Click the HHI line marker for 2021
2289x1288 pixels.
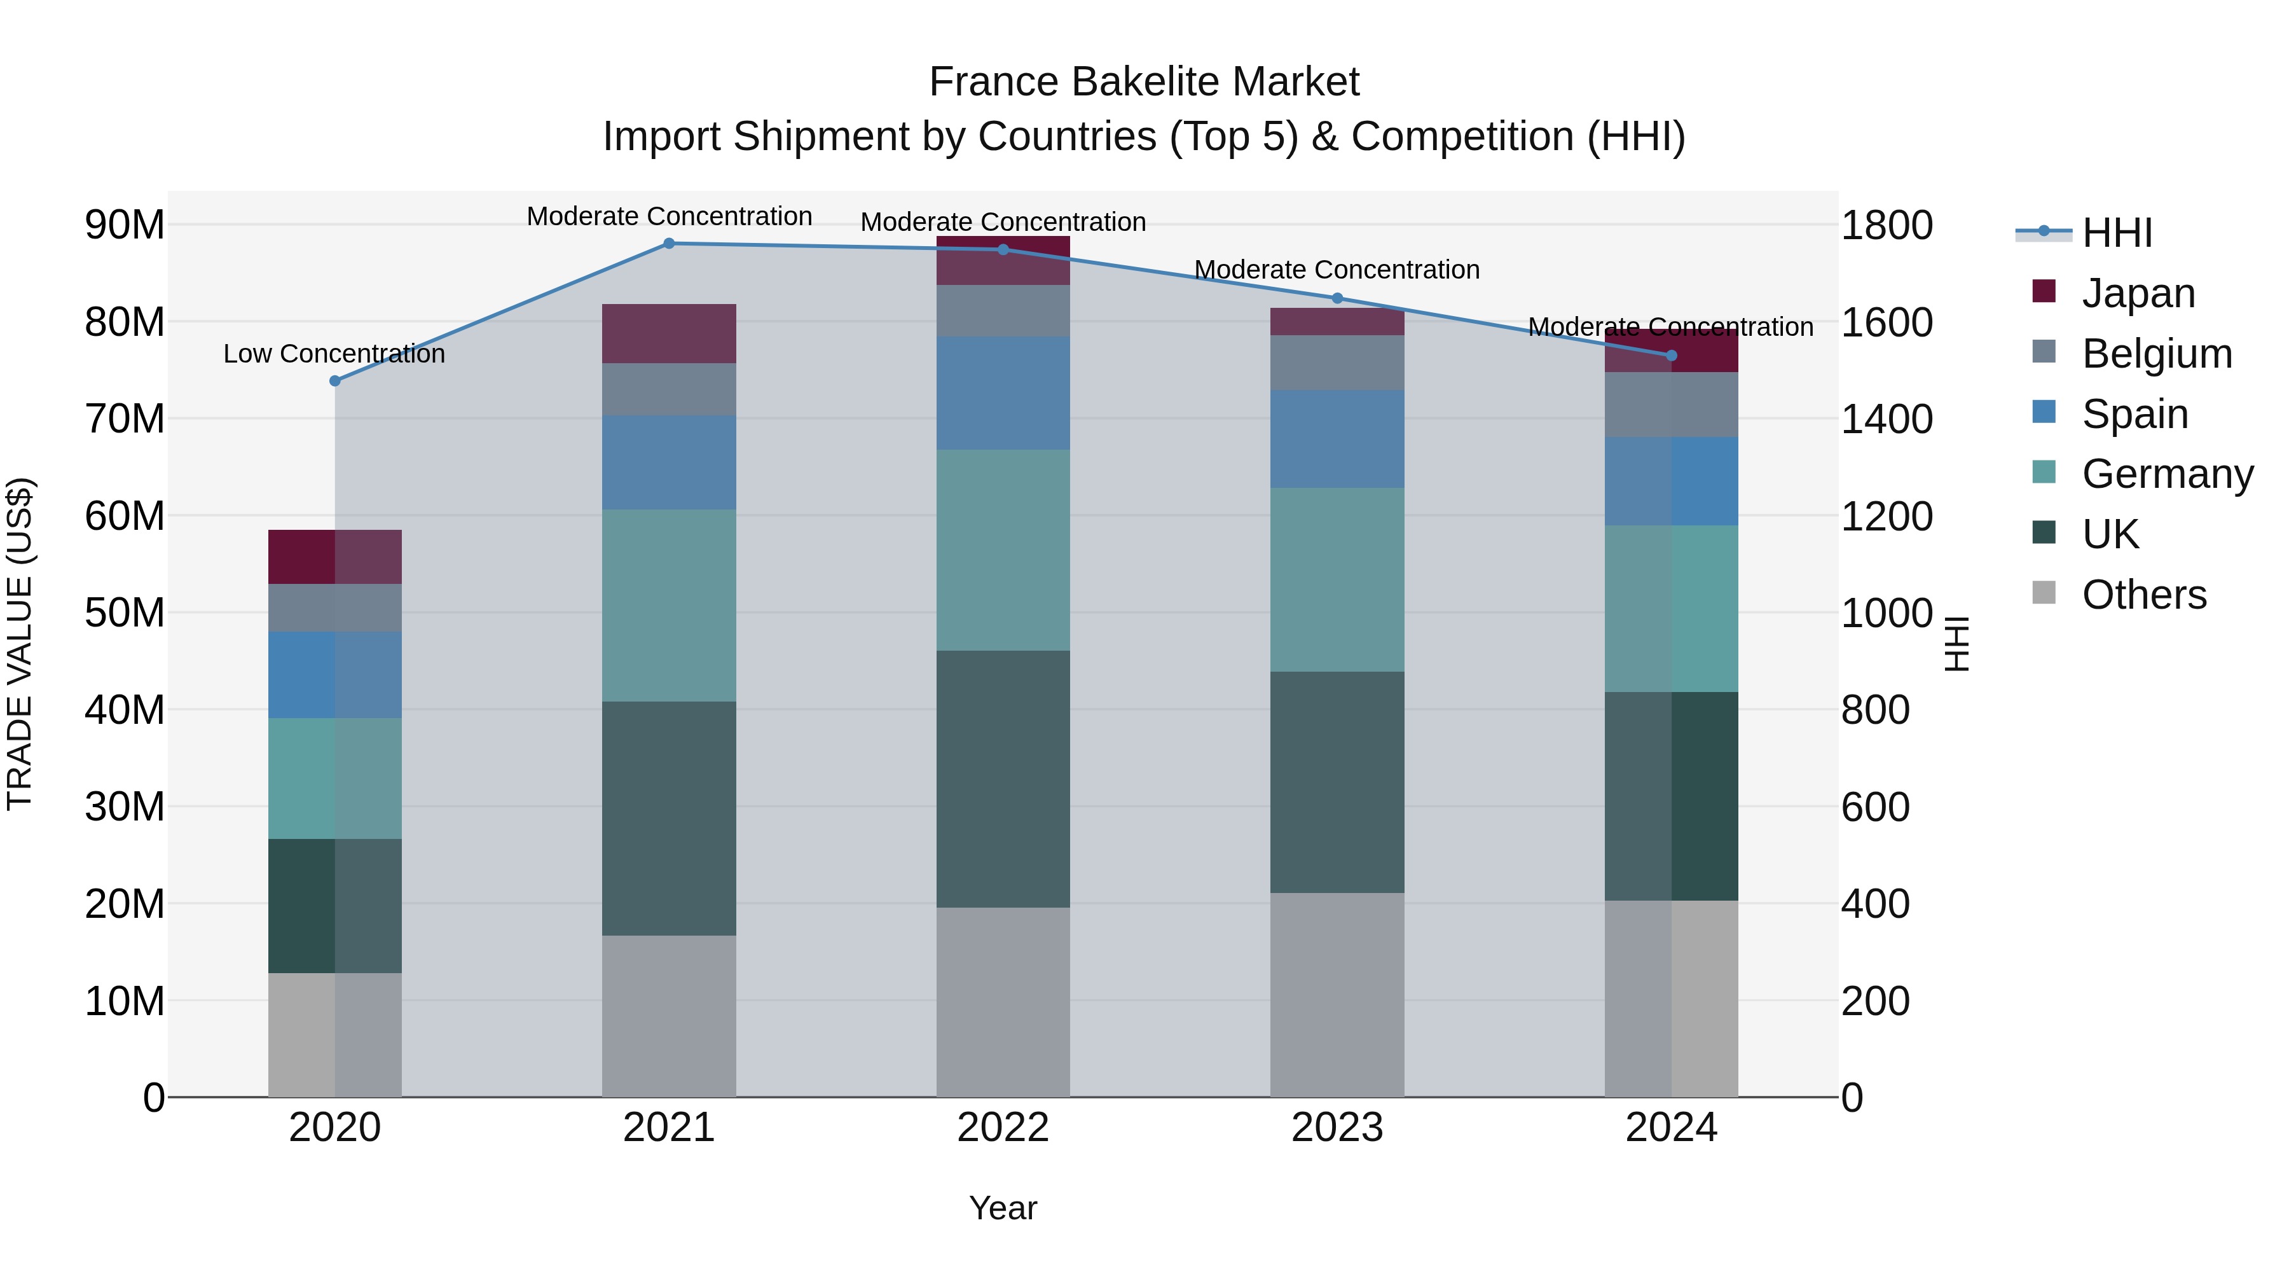pyautogui.click(x=669, y=244)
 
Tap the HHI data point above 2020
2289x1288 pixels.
pyautogui.click(x=335, y=382)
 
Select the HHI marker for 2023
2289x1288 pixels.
pyautogui.click(x=1337, y=299)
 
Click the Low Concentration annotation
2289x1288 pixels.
pyautogui.click(x=334, y=354)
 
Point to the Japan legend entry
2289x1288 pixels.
pyautogui.click(x=2138, y=293)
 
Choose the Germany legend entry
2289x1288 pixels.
pyautogui.click(x=2166, y=474)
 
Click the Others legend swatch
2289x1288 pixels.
pyautogui.click(x=2044, y=593)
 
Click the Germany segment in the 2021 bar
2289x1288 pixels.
pyautogui.click(x=669, y=606)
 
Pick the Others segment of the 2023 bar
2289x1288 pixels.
pyautogui.click(x=1337, y=995)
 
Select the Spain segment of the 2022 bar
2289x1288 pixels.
pyautogui.click(x=1003, y=393)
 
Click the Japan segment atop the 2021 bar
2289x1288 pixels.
pyautogui.click(x=669, y=333)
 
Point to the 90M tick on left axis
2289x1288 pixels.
pyautogui.click(x=125, y=225)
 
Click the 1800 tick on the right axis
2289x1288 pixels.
pyautogui.click(x=1887, y=225)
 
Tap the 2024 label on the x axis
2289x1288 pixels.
pyautogui.click(x=1670, y=1128)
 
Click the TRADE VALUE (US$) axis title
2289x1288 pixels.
pyautogui.click(x=20, y=644)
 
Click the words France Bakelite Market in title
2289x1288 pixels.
pyautogui.click(x=1144, y=82)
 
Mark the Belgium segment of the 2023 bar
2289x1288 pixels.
pyautogui.click(x=1337, y=363)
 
